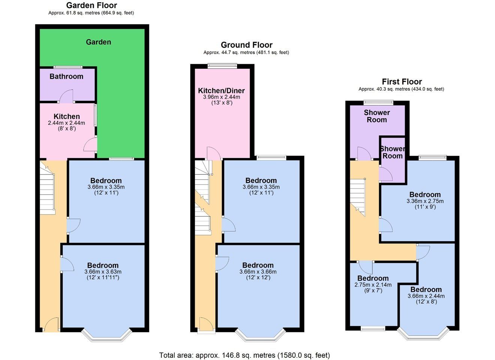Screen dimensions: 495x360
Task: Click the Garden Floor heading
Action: coord(91,5)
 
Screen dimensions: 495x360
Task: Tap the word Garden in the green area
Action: coord(99,42)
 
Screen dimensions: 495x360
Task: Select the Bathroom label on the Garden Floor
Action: coord(66,76)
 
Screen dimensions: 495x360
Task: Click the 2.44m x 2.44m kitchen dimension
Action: coord(66,123)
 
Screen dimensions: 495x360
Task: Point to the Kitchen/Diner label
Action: coord(221,91)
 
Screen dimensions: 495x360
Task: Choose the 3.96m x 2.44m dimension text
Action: coord(222,97)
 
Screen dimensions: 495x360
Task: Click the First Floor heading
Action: coord(402,82)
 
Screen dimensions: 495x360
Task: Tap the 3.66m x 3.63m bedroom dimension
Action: coord(103,271)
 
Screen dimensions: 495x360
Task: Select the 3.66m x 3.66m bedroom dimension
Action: coord(258,271)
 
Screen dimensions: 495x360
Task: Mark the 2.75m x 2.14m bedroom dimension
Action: coord(373,285)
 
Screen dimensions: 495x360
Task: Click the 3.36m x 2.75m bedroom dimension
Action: coord(425,201)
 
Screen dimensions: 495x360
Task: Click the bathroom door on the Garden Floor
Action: coord(66,96)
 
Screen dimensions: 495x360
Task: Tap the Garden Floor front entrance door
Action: coord(52,324)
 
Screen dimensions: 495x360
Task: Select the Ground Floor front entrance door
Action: coord(206,324)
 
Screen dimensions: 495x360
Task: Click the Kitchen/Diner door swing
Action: coord(214,153)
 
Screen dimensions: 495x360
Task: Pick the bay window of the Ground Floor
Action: coord(261,336)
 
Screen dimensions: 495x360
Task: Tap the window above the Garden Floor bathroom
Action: coord(68,67)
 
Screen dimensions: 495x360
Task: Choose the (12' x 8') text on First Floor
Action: coord(426,301)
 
